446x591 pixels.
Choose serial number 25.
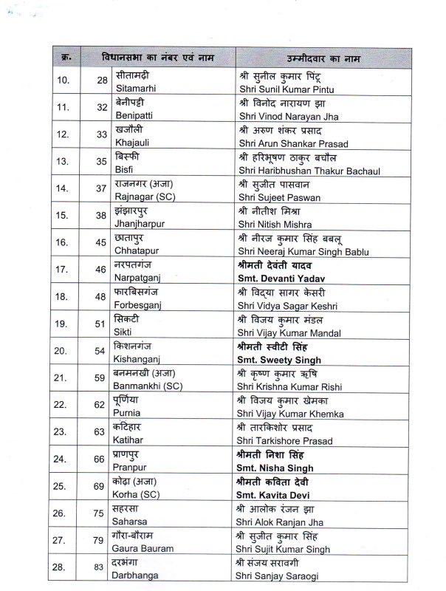(x=64, y=488)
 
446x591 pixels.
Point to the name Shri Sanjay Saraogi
(x=279, y=576)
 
